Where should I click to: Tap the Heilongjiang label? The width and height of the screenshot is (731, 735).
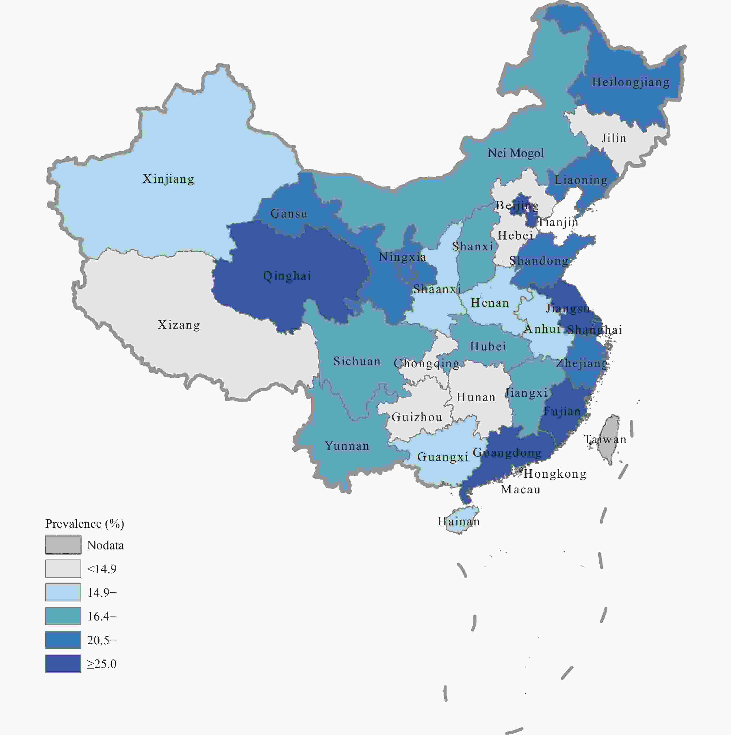click(631, 82)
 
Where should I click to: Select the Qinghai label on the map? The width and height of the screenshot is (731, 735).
click(287, 276)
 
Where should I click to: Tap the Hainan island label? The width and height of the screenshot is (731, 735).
click(458, 522)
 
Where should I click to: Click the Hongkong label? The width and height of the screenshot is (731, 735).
click(555, 474)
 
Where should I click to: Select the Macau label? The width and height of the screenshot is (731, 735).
click(521, 490)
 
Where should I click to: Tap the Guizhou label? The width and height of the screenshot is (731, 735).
click(417, 417)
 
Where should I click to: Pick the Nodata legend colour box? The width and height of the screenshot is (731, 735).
click(63, 545)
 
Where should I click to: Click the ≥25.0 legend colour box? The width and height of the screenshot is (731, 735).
click(63, 664)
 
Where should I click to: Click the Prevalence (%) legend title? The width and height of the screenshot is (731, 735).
click(84, 524)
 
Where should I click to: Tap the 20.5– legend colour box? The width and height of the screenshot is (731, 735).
click(63, 640)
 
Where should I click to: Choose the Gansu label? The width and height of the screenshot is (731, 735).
click(289, 214)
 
